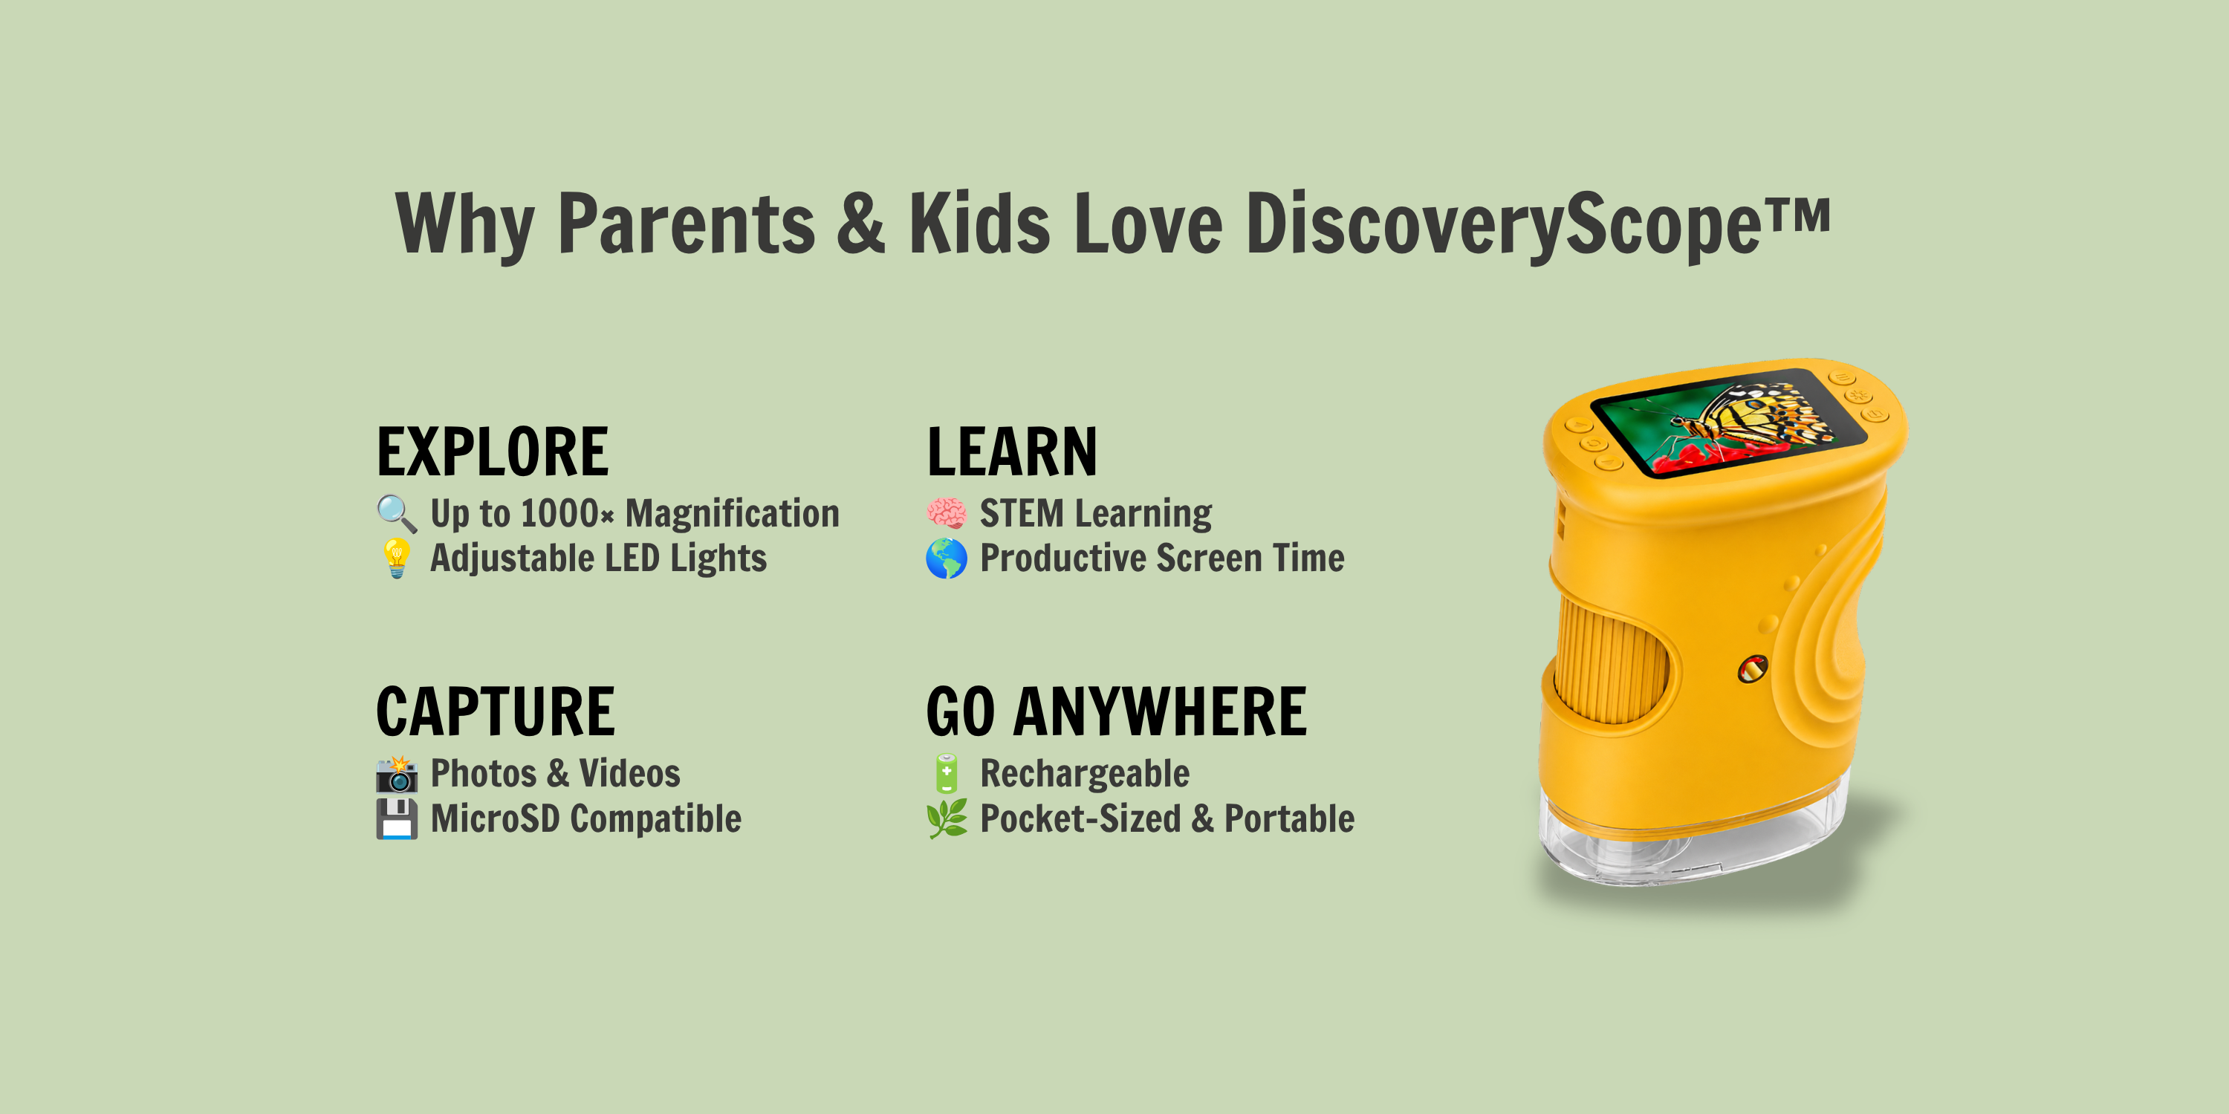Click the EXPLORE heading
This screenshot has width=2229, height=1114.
(x=493, y=452)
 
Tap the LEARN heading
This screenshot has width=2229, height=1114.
(x=1011, y=452)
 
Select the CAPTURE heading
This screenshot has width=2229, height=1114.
(x=495, y=711)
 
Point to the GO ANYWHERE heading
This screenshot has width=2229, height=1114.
(x=1116, y=711)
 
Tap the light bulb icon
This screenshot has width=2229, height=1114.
(x=396, y=558)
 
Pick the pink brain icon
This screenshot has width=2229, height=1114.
(x=947, y=513)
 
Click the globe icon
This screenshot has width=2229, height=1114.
(x=947, y=558)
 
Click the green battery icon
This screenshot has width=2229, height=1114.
(x=947, y=773)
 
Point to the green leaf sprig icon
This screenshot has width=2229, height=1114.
(x=947, y=818)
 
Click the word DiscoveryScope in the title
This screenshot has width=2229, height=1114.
(x=1503, y=224)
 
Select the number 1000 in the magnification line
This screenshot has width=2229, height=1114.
(x=559, y=514)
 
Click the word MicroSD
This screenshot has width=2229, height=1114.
(x=495, y=818)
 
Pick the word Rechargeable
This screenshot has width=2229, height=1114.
(x=1084, y=774)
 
